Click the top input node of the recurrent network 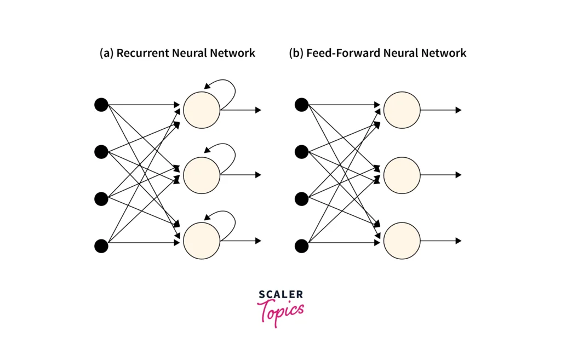pyautogui.click(x=101, y=104)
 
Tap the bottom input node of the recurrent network pyautogui.click(x=101, y=246)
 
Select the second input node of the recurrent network pyautogui.click(x=101, y=151)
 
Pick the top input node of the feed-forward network pyautogui.click(x=301, y=104)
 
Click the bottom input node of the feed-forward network pyautogui.click(x=301, y=246)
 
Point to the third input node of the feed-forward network pyautogui.click(x=301, y=198)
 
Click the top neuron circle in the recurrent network pyautogui.click(x=202, y=110)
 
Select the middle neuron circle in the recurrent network pyautogui.click(x=202, y=175)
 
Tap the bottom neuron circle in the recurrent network pyautogui.click(x=202, y=241)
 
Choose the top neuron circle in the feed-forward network pyautogui.click(x=402, y=110)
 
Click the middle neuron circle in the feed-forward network pyautogui.click(x=402, y=175)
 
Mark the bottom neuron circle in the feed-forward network pyautogui.click(x=402, y=241)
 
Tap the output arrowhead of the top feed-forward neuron pyautogui.click(x=459, y=110)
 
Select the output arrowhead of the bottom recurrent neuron pyautogui.click(x=258, y=241)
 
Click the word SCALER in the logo pyautogui.click(x=280, y=295)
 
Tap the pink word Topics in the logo pyautogui.click(x=281, y=311)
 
